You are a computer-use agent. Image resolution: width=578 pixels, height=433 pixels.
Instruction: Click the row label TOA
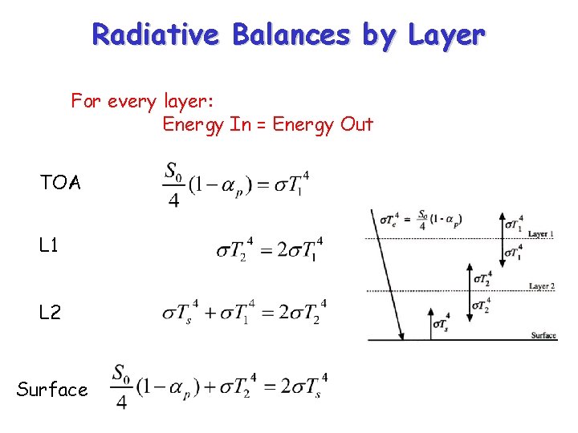[60, 183]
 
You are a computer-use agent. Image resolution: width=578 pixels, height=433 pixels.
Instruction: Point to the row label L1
[48, 245]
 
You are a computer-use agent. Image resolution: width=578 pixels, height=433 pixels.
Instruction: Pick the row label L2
[50, 313]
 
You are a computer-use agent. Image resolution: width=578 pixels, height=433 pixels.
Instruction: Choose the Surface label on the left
[52, 390]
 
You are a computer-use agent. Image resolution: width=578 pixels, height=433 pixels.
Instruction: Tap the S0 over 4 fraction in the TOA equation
[173, 184]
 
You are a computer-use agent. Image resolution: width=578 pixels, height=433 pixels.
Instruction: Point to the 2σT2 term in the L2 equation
[301, 312]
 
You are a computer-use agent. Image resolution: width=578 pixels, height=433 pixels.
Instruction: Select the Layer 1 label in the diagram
[540, 234]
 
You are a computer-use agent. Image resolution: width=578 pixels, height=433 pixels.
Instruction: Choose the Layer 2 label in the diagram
[542, 286]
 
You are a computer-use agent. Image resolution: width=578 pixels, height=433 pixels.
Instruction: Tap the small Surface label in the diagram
[543, 335]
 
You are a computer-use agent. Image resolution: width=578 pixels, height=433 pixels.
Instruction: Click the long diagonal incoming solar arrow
[387, 273]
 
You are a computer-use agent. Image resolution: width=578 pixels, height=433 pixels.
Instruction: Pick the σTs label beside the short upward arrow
[441, 323]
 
